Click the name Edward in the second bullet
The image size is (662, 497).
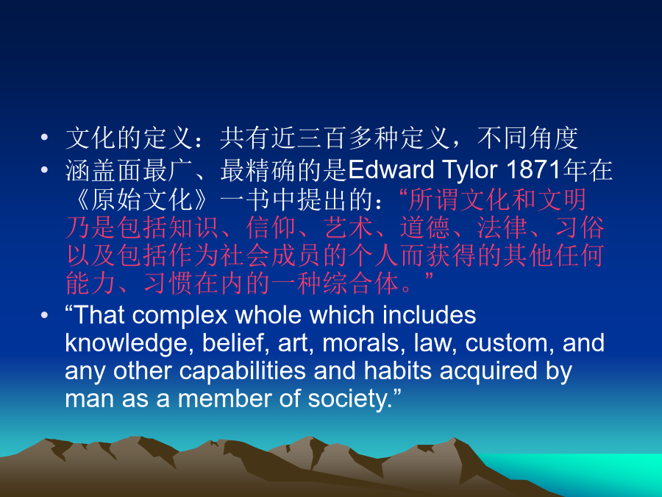391,170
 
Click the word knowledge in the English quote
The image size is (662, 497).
127,345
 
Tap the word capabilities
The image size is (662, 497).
242,372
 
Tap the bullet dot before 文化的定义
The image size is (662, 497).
44,138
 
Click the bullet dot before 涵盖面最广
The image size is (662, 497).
44,170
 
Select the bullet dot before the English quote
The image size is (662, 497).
44,315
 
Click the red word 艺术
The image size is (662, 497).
349,227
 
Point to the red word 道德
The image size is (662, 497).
425,227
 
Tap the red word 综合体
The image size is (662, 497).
361,283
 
